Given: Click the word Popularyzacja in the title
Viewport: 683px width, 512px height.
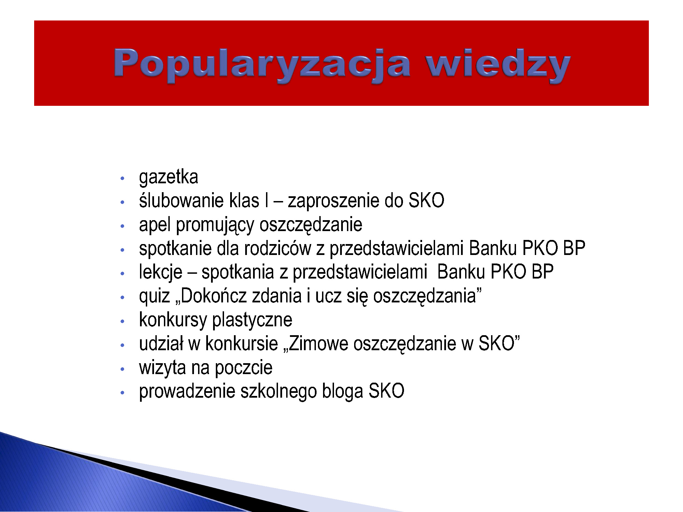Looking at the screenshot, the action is (x=262, y=65).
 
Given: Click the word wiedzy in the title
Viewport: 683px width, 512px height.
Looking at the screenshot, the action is (x=498, y=64).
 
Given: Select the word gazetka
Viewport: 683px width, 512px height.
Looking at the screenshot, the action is (x=168, y=177).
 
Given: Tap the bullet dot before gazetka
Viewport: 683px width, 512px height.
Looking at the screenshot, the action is (x=122, y=178).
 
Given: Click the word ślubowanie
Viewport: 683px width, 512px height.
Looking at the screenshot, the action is (x=182, y=200).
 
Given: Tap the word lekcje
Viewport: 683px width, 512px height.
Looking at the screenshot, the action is (x=161, y=272).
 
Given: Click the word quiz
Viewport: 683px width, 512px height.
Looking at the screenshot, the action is (x=154, y=296).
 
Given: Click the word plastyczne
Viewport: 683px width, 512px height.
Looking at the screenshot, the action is (x=252, y=320).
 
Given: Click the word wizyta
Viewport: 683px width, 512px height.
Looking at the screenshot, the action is (x=162, y=368).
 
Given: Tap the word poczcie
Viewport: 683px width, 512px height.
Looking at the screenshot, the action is (x=243, y=368).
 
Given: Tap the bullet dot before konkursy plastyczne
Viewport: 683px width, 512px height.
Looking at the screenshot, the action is (x=122, y=321).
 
